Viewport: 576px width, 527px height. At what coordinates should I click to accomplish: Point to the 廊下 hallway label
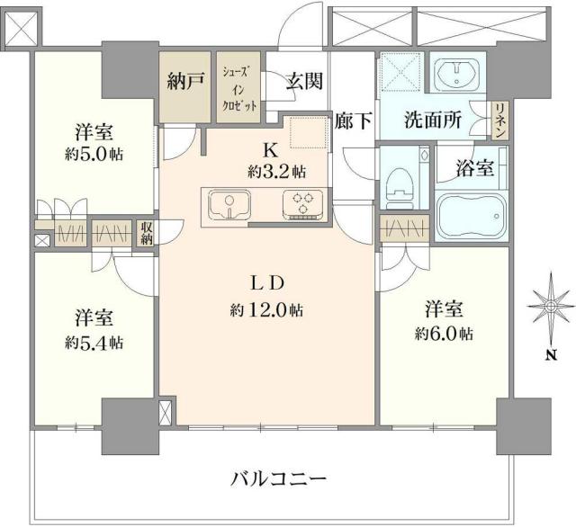pyautogui.click(x=352, y=121)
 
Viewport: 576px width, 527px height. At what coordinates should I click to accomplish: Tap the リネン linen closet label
pyautogui.click(x=499, y=120)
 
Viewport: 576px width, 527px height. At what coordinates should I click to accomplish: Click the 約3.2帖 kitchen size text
pyautogui.click(x=275, y=170)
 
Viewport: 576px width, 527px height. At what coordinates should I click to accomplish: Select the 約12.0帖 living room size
pyautogui.click(x=265, y=310)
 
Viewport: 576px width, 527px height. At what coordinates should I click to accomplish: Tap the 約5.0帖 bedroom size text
pyautogui.click(x=94, y=152)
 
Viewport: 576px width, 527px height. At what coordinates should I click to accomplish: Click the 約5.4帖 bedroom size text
pyautogui.click(x=94, y=342)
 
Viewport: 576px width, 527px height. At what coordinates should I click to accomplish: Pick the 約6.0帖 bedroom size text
pyautogui.click(x=444, y=334)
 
